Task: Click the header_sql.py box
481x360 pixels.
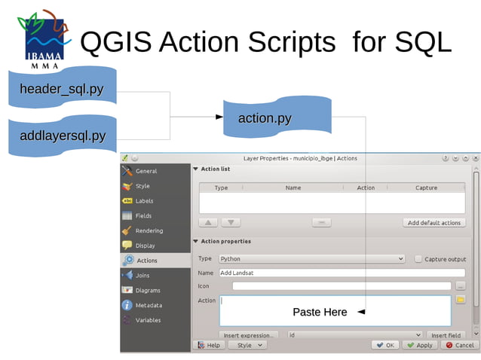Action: (62, 90)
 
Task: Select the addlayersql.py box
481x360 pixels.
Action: (62, 136)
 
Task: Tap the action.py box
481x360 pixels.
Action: (265, 118)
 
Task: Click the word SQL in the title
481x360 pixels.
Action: (422, 42)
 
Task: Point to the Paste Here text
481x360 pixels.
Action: (320, 312)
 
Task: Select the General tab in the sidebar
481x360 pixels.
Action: (146, 171)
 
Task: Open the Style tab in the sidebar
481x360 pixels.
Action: (142, 186)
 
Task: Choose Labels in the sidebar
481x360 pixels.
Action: (144, 201)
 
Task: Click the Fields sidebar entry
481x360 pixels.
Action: (143, 216)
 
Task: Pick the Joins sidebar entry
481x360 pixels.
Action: (142, 276)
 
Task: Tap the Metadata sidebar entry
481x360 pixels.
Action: (149, 305)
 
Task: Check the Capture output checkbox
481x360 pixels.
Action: (418, 259)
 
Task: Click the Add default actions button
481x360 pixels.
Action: (434, 223)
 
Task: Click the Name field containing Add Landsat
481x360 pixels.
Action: (342, 273)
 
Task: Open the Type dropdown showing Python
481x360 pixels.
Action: (312, 259)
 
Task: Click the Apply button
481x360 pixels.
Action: (419, 345)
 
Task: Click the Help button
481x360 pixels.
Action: (209, 345)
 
